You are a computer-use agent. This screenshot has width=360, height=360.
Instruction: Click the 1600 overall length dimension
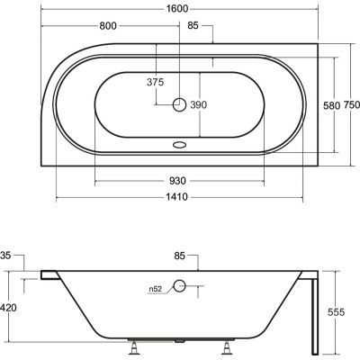[x=177, y=9]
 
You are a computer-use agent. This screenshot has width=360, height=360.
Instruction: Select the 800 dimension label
[x=108, y=26]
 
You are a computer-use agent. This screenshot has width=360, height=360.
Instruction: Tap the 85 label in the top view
[x=193, y=26]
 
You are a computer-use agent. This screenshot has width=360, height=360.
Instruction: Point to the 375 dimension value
[x=156, y=82]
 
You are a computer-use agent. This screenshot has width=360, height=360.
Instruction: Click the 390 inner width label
[x=199, y=105]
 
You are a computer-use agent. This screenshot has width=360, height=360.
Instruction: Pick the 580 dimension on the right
[x=331, y=105]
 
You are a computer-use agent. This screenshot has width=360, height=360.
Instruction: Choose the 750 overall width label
[x=351, y=105]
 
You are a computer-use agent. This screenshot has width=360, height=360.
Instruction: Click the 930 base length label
[x=177, y=181]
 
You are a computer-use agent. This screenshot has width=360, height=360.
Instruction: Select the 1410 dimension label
[x=177, y=197]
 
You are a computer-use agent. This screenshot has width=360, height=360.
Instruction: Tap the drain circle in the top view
[x=180, y=104]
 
